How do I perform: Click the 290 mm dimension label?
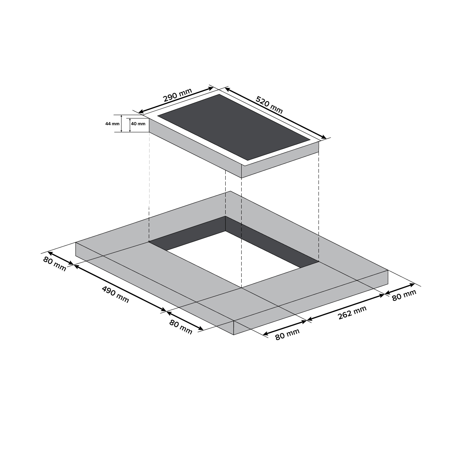pyautogui.click(x=177, y=95)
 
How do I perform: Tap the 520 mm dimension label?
pyautogui.click(x=269, y=105)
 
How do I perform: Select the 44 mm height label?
pyautogui.click(x=112, y=124)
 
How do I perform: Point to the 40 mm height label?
pyautogui.click(x=138, y=124)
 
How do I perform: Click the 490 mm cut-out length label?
pyautogui.click(x=116, y=295)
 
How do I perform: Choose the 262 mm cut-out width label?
pyautogui.click(x=352, y=312)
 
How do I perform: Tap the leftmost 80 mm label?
pyautogui.click(x=54, y=264)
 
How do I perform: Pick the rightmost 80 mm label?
pyautogui.click(x=404, y=295)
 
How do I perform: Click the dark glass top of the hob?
pyautogui.click(x=234, y=127)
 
